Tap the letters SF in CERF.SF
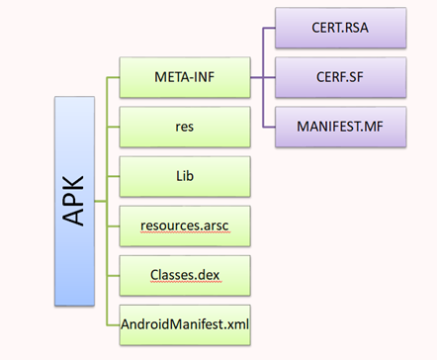(365, 78)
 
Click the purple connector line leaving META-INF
(257, 78)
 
